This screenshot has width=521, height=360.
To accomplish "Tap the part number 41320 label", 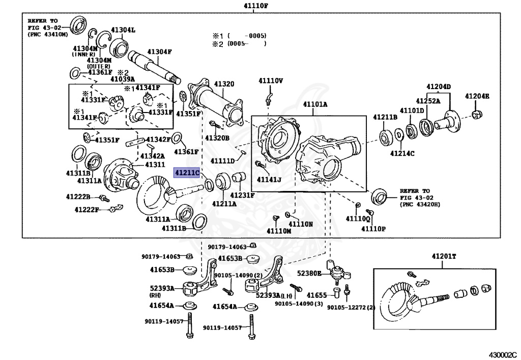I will (224, 84).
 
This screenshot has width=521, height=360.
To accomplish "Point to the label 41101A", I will (315, 104).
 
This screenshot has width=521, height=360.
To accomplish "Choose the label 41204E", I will (477, 96).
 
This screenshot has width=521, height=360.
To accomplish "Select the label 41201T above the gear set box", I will (444, 257).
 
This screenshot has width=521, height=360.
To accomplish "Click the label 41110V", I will (270, 80).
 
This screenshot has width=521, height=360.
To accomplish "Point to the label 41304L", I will (124, 30).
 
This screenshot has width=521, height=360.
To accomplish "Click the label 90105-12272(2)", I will (351, 307).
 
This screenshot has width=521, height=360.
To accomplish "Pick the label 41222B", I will (78, 197).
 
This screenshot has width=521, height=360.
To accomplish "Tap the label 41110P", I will (373, 228).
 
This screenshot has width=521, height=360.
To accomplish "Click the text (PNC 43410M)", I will (47, 34).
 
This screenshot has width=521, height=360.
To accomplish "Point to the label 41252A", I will (428, 101).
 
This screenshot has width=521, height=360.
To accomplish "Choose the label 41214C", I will (402, 153).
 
